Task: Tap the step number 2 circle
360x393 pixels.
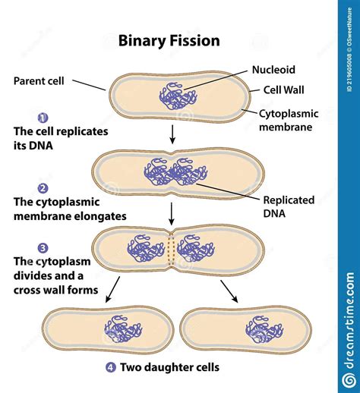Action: [x=43, y=188]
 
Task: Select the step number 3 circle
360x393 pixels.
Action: [x=43, y=247]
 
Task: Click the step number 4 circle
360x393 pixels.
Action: [x=111, y=368]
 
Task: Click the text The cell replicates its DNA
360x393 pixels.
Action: [x=61, y=138]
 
